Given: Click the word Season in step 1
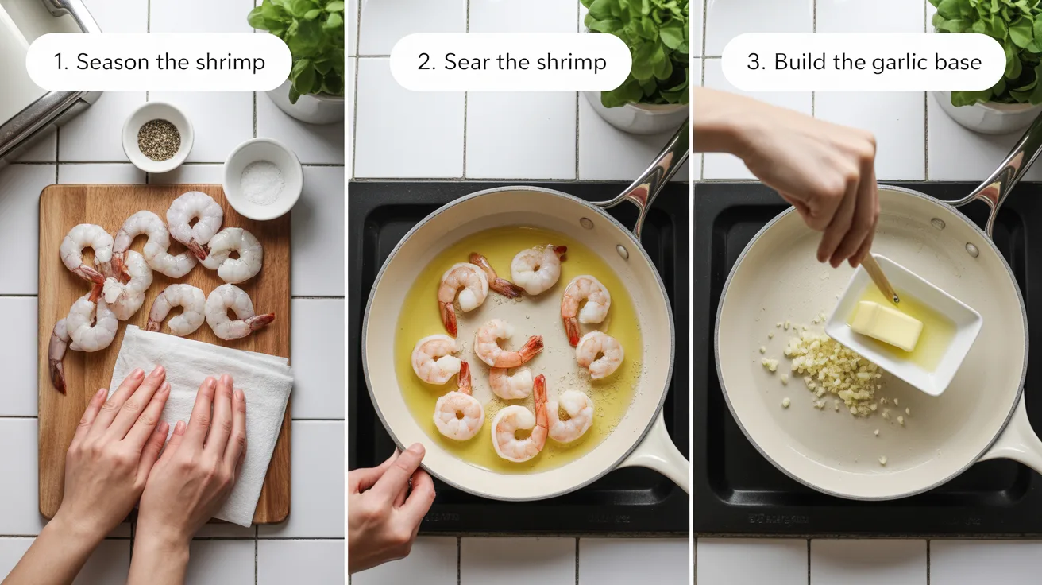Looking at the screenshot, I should click(x=110, y=62).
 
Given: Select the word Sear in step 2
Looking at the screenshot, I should click(x=468, y=62).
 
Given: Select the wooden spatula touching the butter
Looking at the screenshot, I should click(x=880, y=278).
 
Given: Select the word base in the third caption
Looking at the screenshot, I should click(x=959, y=62).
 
